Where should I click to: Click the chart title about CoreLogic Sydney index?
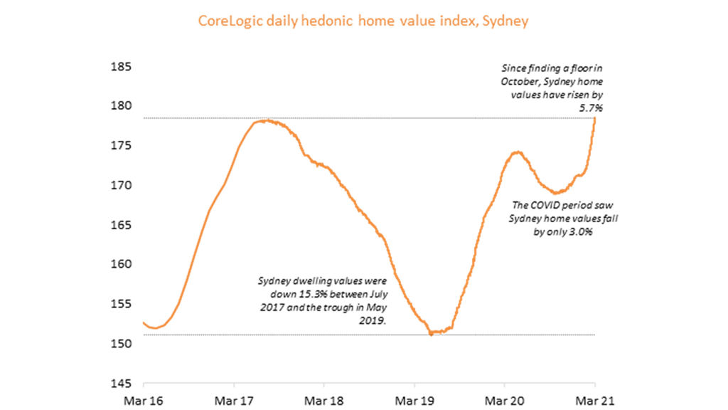pyautogui.click(x=363, y=21)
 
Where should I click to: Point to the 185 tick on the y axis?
pyautogui.click(x=120, y=67)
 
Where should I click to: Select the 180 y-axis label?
pyautogui.click(x=120, y=106)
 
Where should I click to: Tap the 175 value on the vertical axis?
pyautogui.click(x=120, y=146)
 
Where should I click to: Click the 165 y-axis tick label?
pyautogui.click(x=120, y=225)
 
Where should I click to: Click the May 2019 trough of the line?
pyautogui.click(x=431, y=333)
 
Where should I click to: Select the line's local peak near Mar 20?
pyautogui.click(x=517, y=152)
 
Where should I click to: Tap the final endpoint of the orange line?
pyautogui.click(x=595, y=118)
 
